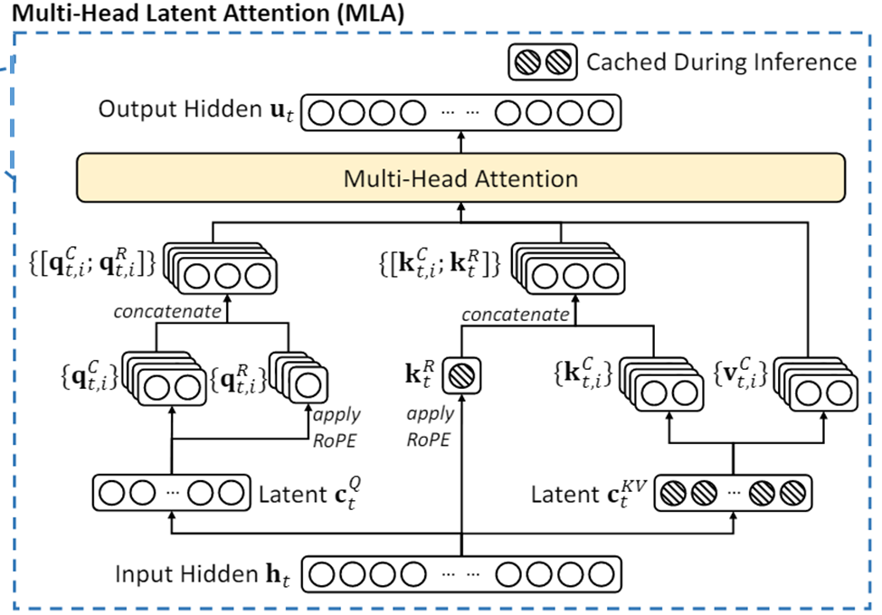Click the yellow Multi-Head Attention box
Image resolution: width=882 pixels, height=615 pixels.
[460, 177]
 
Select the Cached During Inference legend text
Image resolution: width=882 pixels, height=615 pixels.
[721, 61]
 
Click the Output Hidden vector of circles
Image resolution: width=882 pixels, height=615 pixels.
[460, 112]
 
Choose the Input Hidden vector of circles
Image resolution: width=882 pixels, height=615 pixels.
[461, 574]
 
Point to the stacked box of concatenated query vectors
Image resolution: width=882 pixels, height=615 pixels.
[225, 268]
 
